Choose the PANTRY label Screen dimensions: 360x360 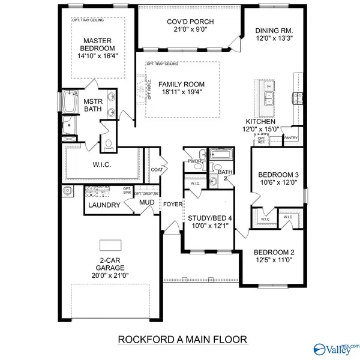(x=292, y=137)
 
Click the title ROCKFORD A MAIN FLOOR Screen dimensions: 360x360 (x=181, y=340)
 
